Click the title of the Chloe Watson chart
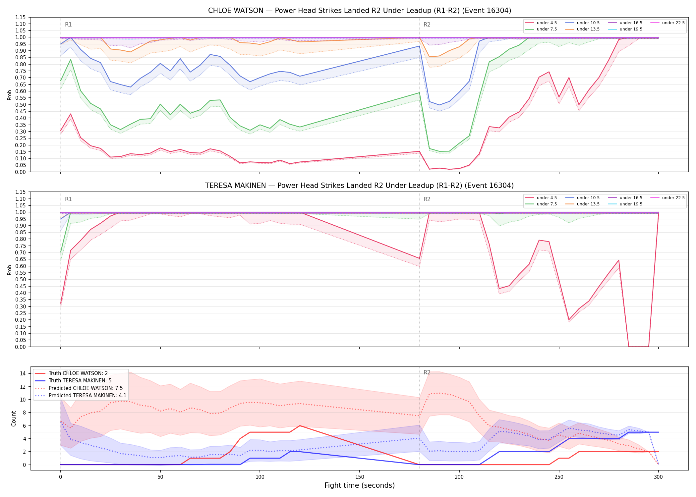(360, 11)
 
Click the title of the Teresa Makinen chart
(360, 186)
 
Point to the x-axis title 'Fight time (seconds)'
(360, 485)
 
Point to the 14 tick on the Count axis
(23, 373)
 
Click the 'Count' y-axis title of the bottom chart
(14, 418)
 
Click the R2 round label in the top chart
(427, 25)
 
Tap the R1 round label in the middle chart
(68, 199)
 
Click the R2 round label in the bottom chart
(427, 372)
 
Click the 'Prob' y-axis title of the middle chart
(10, 270)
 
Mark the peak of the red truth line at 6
(300, 426)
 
